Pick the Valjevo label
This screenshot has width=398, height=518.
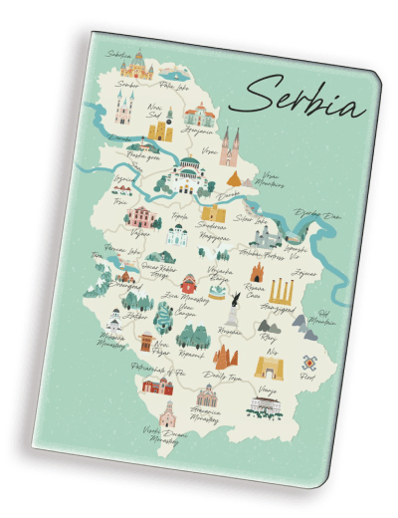138,231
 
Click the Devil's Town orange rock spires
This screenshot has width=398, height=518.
222,356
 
